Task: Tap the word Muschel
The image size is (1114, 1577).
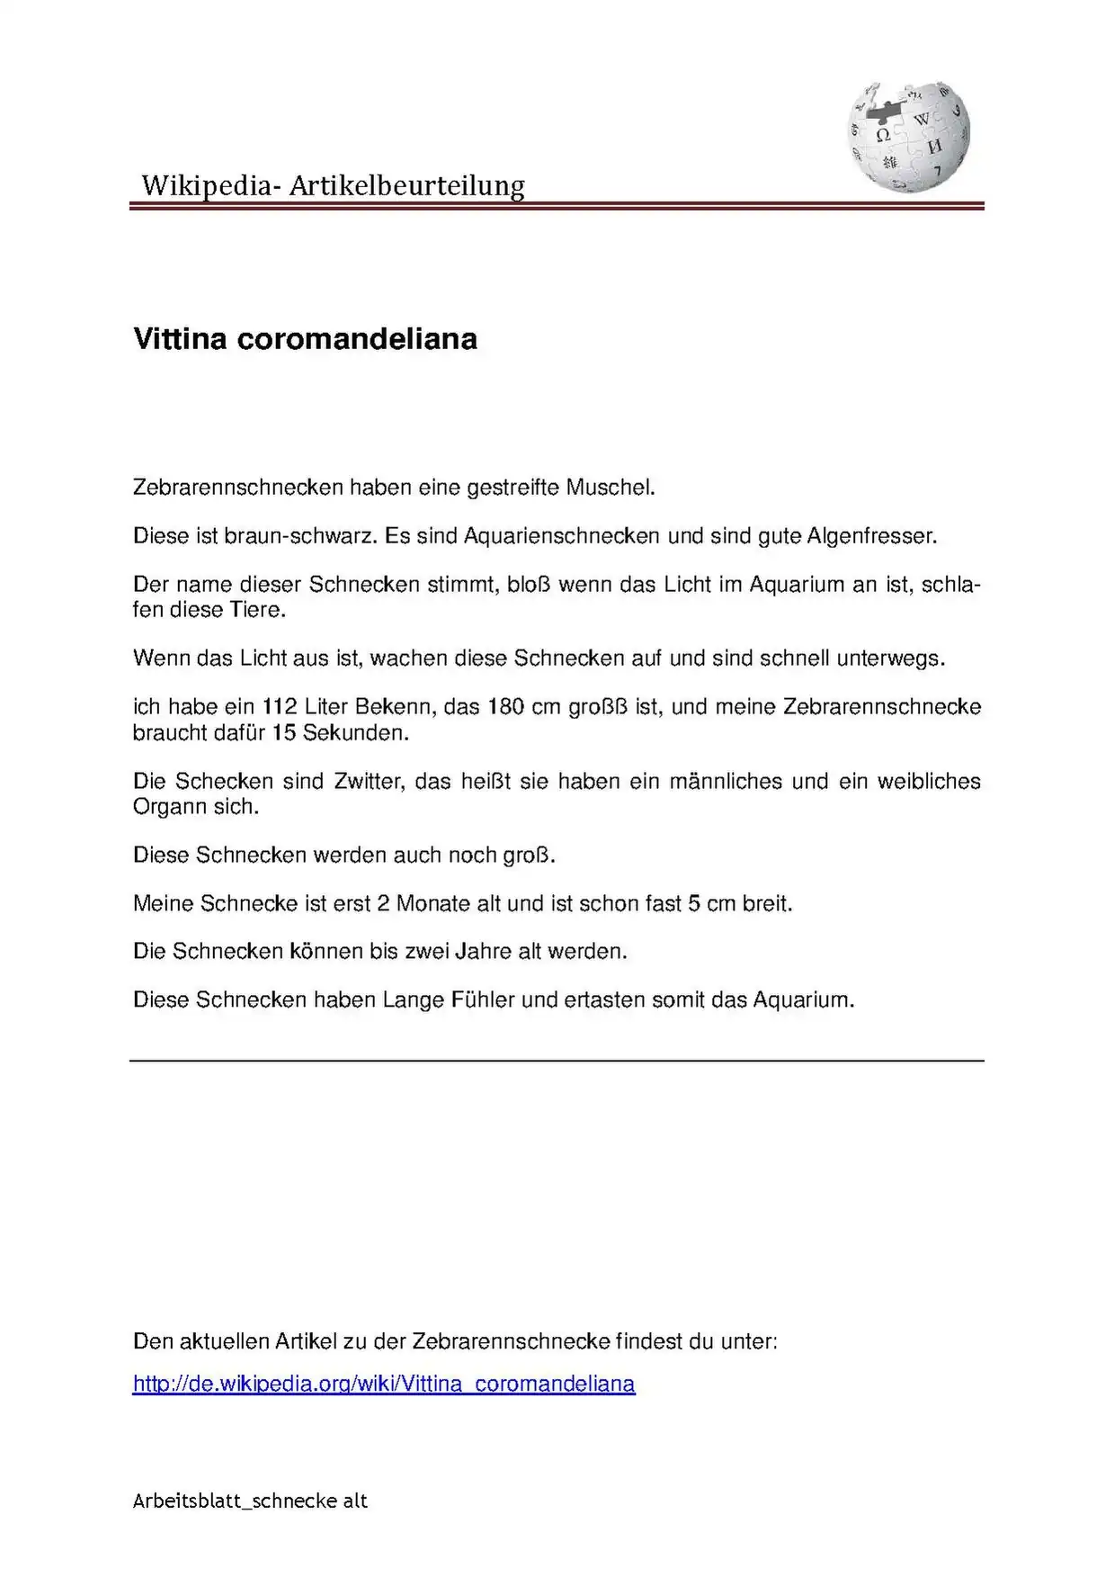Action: pyautogui.click(x=609, y=488)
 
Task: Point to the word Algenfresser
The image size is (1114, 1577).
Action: pyautogui.click(x=870, y=536)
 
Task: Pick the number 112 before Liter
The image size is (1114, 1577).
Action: pyautogui.click(x=280, y=706)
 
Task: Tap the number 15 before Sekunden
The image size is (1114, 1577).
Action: pyautogui.click(x=284, y=732)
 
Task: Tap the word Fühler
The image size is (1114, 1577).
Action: pyautogui.click(x=483, y=999)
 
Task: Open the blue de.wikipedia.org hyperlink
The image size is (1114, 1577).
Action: pyautogui.click(x=384, y=1384)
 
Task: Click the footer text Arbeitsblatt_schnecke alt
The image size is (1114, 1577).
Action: pyautogui.click(x=250, y=1501)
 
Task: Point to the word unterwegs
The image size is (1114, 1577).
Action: pyautogui.click(x=889, y=658)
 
